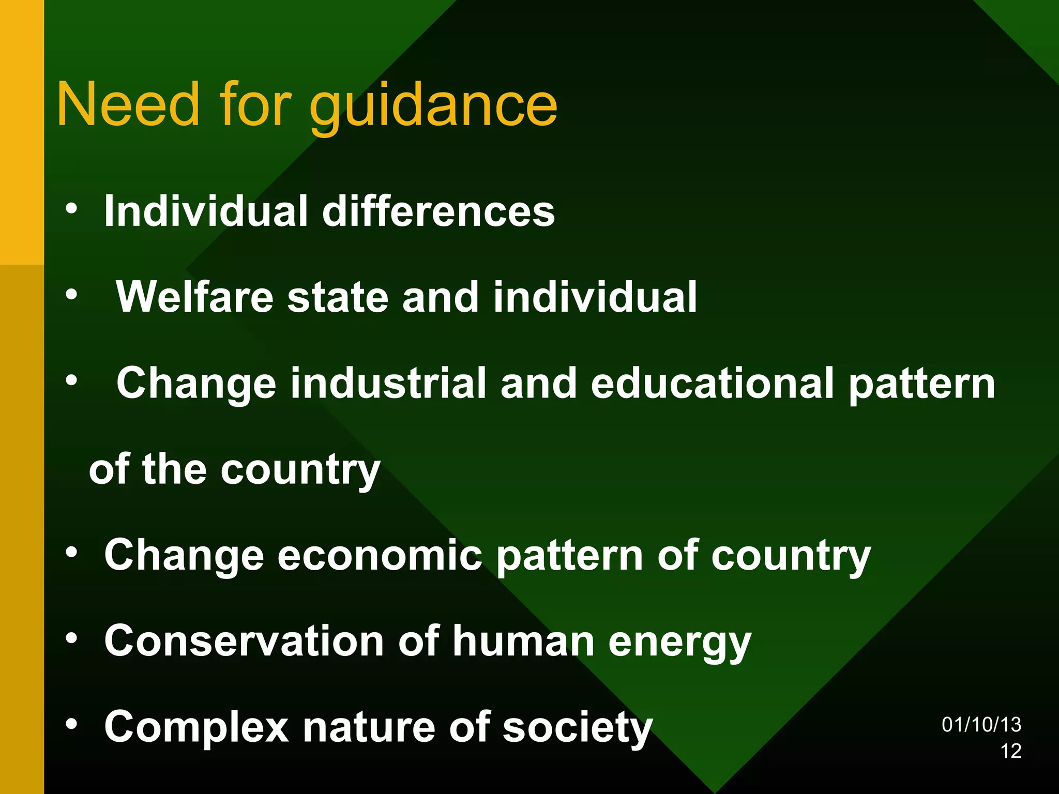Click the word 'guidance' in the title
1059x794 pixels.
(x=433, y=106)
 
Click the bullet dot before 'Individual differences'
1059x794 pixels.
(x=71, y=209)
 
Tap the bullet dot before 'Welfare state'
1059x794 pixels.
(x=71, y=295)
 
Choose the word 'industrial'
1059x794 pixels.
(x=388, y=383)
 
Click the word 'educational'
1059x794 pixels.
(x=713, y=383)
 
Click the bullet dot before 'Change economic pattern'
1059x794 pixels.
(x=71, y=553)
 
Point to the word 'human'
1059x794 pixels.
(x=524, y=641)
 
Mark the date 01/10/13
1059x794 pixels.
(x=981, y=725)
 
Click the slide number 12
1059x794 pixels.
(x=1011, y=751)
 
